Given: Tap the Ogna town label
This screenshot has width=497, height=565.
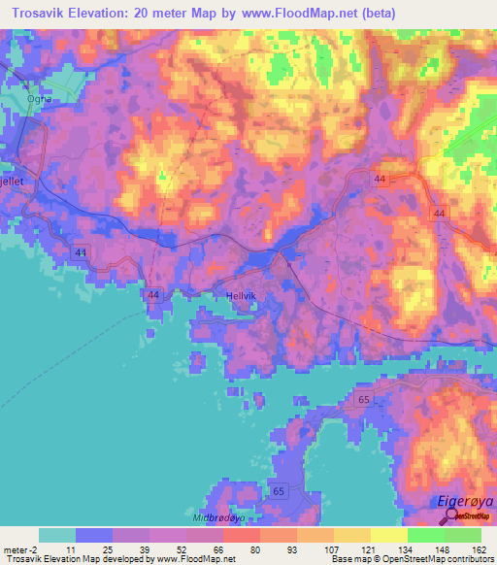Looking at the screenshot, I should (x=40, y=98).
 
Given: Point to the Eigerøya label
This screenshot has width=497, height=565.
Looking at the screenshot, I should (x=463, y=502).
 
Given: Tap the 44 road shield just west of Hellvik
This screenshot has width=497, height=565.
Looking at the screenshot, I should (x=152, y=294).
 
